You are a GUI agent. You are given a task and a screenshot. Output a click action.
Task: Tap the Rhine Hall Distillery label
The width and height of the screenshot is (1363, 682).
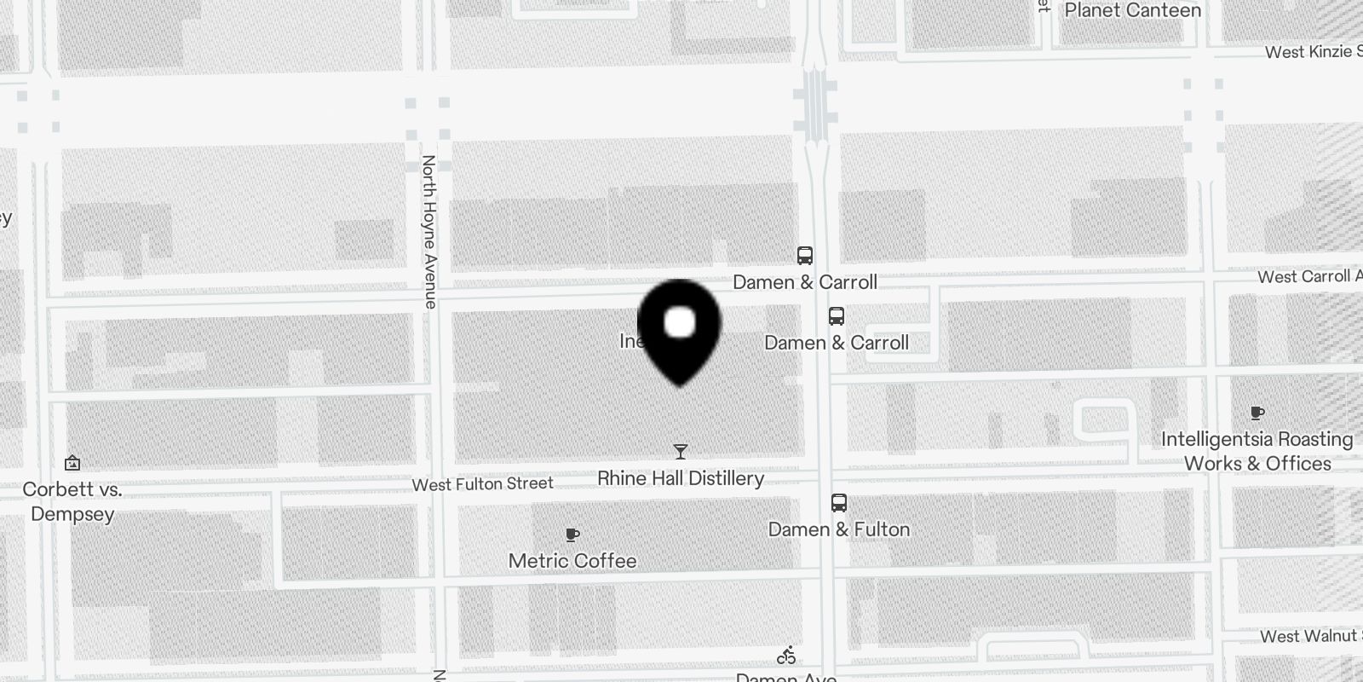[680, 478]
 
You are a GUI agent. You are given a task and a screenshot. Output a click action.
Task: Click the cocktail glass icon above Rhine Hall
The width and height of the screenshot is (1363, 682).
[680, 451]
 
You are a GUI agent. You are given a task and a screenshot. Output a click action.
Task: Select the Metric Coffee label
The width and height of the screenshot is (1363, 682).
[572, 561]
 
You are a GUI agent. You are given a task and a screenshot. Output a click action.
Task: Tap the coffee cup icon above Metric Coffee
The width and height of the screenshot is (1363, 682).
[572, 535]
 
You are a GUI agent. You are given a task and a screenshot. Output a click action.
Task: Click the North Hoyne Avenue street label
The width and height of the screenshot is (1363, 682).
[429, 231]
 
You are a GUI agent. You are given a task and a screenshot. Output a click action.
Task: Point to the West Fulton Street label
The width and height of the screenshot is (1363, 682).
[482, 484]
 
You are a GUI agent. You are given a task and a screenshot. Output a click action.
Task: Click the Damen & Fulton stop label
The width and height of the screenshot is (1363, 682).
[838, 529]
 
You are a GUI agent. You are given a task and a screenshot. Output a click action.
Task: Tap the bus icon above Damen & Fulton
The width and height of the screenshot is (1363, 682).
[839, 503]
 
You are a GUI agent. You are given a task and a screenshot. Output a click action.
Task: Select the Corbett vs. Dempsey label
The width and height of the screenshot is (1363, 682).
[72, 501]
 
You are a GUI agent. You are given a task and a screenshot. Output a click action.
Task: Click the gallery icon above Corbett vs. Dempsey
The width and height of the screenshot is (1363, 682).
[72, 463]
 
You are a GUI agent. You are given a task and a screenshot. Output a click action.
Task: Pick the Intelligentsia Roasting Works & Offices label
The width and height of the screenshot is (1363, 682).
[1257, 451]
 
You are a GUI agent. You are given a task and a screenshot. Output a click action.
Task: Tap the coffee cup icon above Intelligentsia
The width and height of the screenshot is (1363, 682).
[1257, 413]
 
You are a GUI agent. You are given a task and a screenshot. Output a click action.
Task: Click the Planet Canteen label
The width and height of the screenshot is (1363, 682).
[1132, 10]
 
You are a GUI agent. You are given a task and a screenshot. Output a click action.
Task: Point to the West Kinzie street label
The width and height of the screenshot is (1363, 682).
[1313, 52]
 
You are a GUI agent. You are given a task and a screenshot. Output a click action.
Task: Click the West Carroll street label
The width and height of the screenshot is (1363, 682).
[1308, 276]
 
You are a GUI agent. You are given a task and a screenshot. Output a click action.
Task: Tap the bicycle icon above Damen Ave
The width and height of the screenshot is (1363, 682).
[786, 656]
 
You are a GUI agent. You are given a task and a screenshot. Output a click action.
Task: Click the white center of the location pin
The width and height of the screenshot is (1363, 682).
[679, 323]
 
